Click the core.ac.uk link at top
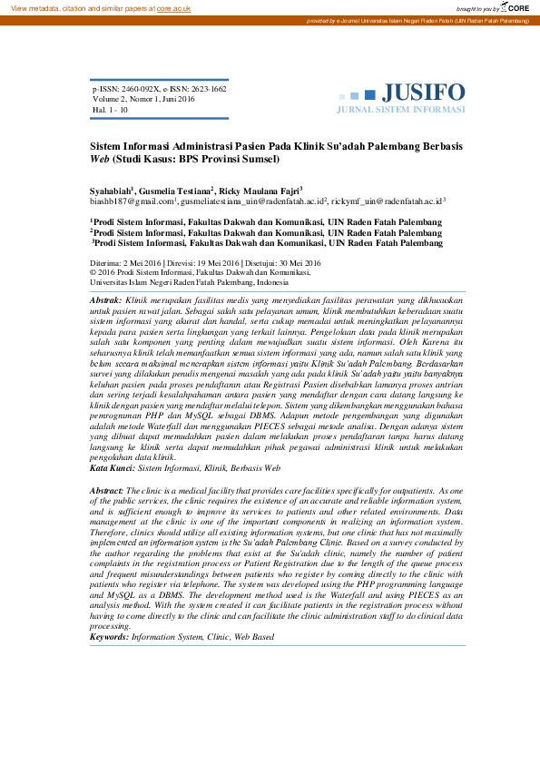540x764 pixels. coord(174,7)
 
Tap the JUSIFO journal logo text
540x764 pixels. coord(423,93)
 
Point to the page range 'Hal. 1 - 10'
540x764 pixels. coord(110,109)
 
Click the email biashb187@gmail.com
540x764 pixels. coord(131,201)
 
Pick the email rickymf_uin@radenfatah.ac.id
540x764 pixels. coord(387,201)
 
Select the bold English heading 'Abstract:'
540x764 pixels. coord(109,490)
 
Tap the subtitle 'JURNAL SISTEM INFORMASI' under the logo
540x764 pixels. coord(400,109)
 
